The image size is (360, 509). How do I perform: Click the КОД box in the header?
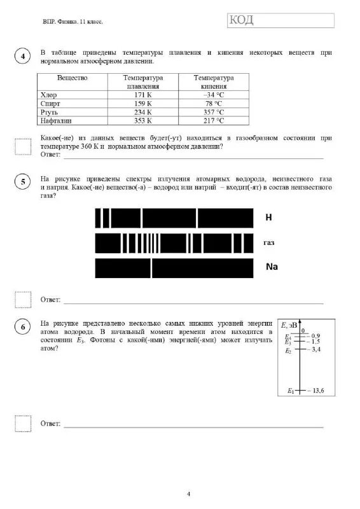(280, 20)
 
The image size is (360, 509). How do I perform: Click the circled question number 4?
(23, 57)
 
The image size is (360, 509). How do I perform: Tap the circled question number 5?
(23, 183)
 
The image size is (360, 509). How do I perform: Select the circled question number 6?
(23, 327)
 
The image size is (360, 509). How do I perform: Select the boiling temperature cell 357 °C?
(212, 111)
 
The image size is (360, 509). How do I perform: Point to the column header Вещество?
(72, 78)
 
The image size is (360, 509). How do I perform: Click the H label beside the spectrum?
(268, 218)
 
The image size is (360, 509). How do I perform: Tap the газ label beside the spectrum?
(269, 242)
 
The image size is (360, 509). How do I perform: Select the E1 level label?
(290, 390)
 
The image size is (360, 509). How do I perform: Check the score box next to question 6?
(23, 423)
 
